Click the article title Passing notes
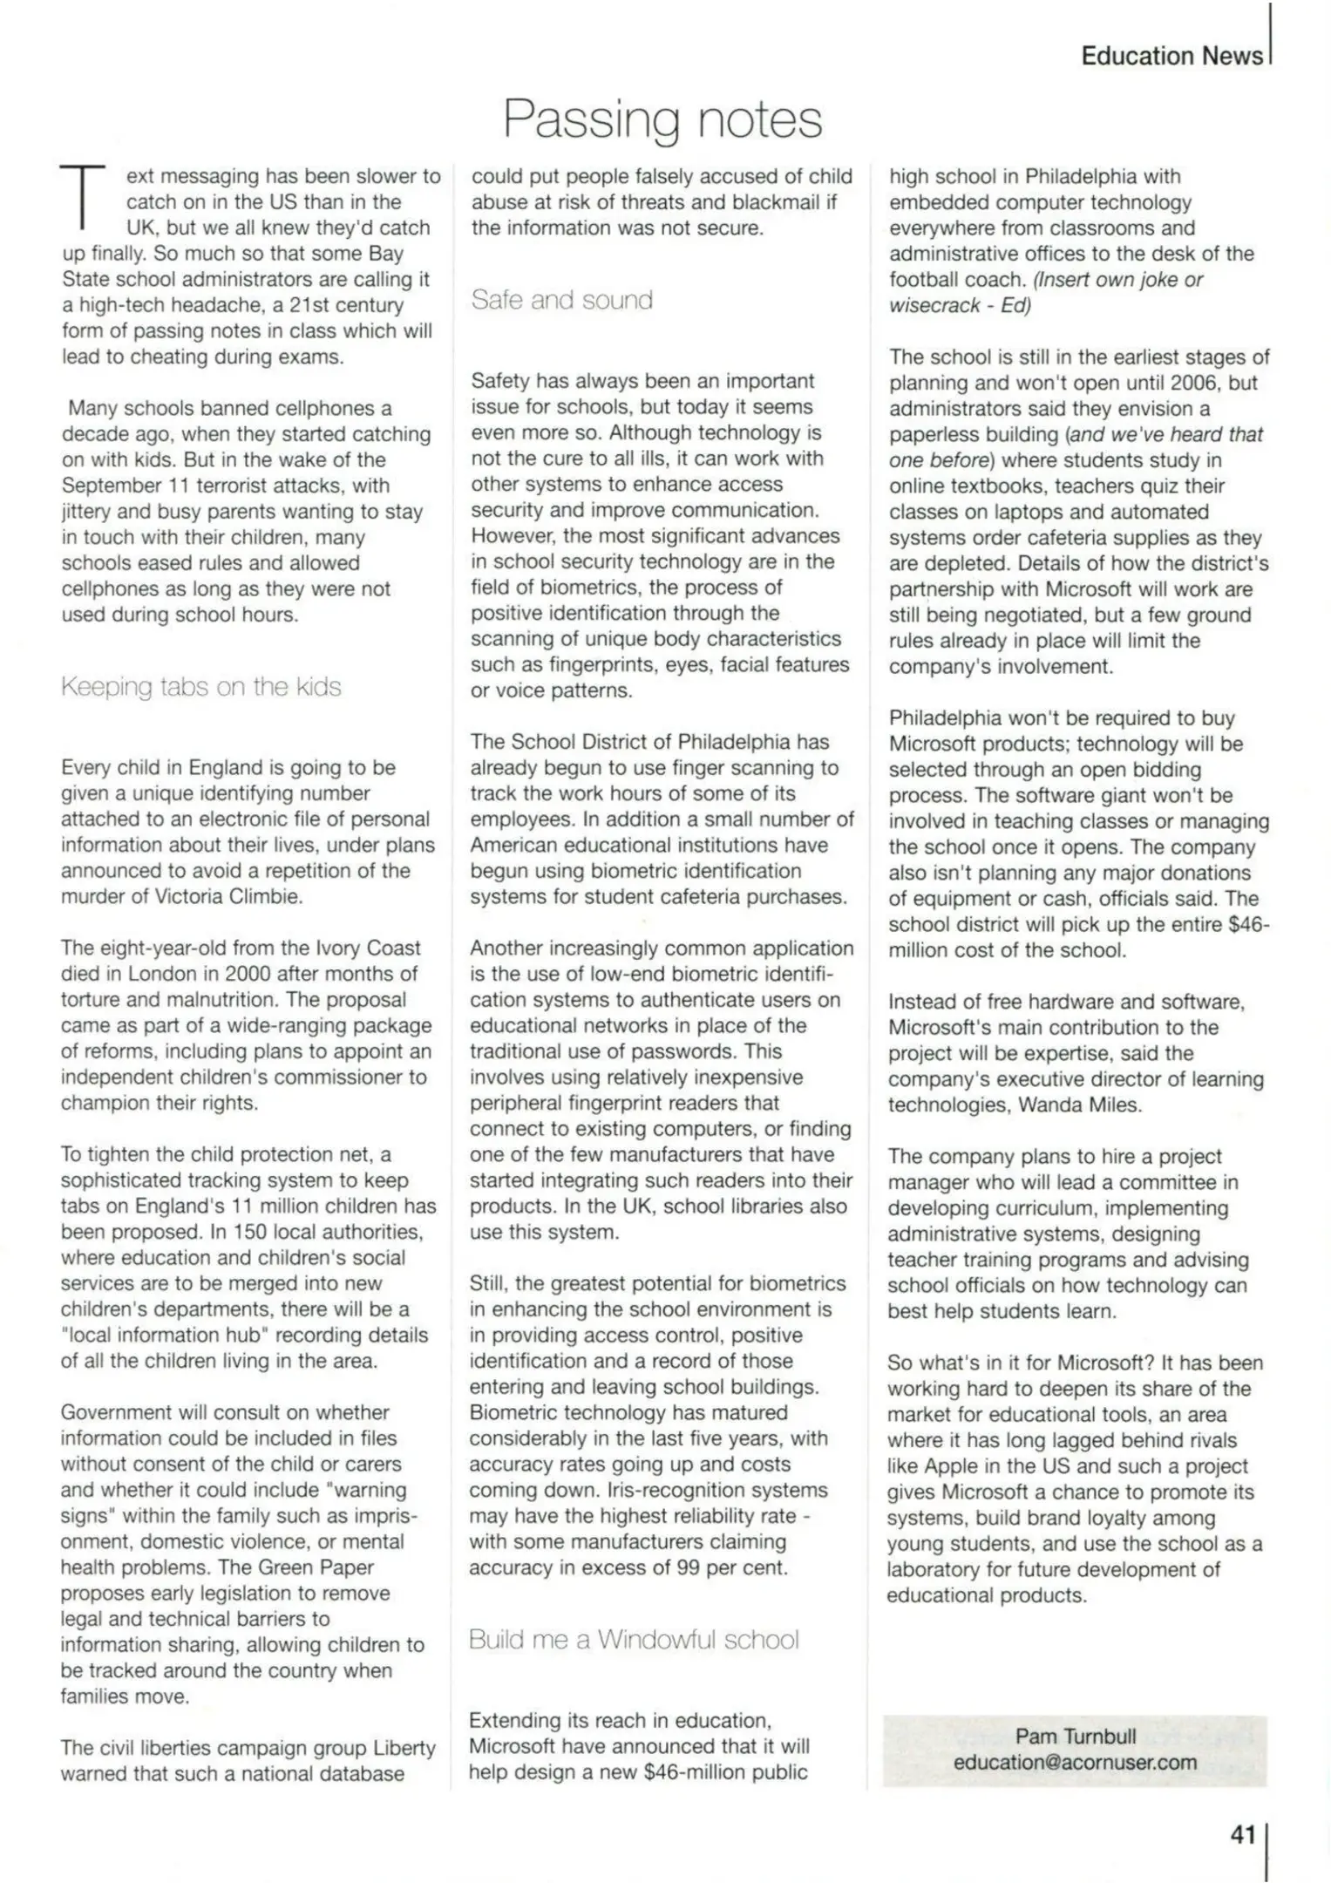click(662, 119)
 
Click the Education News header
click(1171, 56)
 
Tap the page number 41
click(1242, 1834)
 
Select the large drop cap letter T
click(82, 198)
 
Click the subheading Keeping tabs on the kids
click(200, 687)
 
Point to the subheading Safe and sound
click(561, 300)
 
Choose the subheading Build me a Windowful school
click(634, 1639)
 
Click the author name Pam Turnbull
click(1075, 1736)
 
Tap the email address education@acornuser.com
click(1075, 1762)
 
